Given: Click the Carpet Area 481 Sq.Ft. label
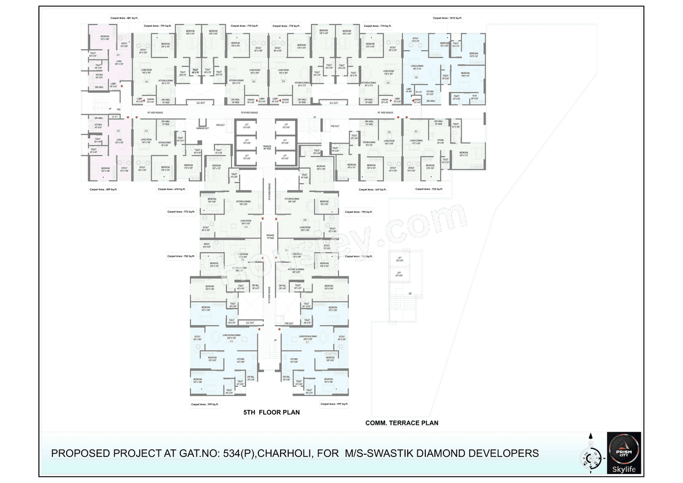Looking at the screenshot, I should point(124,18).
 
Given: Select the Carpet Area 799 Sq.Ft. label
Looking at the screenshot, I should point(157,26).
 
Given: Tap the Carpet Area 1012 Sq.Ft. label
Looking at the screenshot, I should point(447,18).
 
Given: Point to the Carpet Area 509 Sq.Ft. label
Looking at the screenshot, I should point(104,189).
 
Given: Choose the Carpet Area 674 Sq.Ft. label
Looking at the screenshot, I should point(172,189).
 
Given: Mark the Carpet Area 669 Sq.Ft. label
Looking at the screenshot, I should point(372,189).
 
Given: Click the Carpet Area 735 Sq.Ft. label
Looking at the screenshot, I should point(429,189).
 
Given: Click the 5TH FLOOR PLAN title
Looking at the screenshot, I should point(271,412).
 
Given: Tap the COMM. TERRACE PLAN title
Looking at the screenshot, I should point(402,423).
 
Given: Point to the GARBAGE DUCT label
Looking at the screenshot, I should point(202,129).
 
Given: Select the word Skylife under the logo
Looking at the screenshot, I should point(624,470).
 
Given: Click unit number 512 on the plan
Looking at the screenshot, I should point(232,341).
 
